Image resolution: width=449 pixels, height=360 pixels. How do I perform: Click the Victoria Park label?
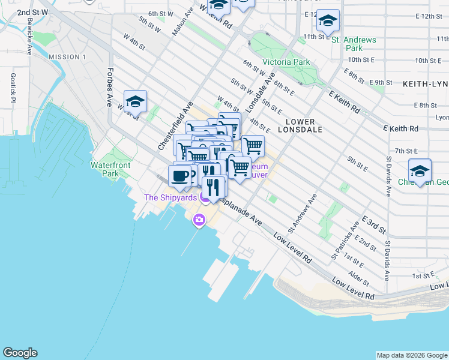click(x=286, y=62)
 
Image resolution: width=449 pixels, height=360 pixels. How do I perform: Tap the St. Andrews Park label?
click(x=354, y=44)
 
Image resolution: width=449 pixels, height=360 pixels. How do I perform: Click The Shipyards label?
click(x=170, y=198)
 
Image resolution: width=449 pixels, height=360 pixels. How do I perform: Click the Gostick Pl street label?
click(x=13, y=87)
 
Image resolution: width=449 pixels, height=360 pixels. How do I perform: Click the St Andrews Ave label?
click(x=301, y=212)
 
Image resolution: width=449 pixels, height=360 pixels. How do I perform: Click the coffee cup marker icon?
click(x=180, y=176)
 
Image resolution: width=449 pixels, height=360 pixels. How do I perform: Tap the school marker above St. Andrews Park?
click(x=328, y=22)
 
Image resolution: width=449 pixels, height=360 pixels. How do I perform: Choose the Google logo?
click(x=20, y=353)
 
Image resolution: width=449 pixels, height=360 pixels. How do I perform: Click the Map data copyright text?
click(x=412, y=355)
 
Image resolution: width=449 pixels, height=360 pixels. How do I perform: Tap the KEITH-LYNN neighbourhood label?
click(x=425, y=83)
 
